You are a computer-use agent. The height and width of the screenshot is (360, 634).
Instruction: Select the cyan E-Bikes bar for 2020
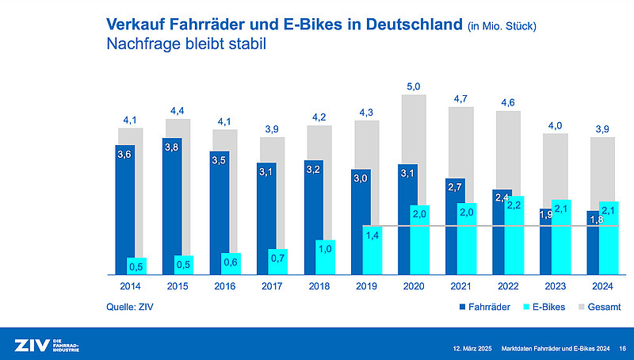coord(419,238)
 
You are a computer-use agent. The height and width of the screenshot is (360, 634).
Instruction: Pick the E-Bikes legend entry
coord(543,306)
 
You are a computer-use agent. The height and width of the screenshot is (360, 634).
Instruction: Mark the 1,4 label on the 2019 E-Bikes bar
coord(372,236)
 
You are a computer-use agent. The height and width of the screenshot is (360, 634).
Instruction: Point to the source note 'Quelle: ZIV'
coord(130,306)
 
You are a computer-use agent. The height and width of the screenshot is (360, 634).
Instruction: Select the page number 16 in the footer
coord(622,347)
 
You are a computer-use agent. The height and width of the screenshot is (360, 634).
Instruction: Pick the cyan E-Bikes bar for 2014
coord(136,265)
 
